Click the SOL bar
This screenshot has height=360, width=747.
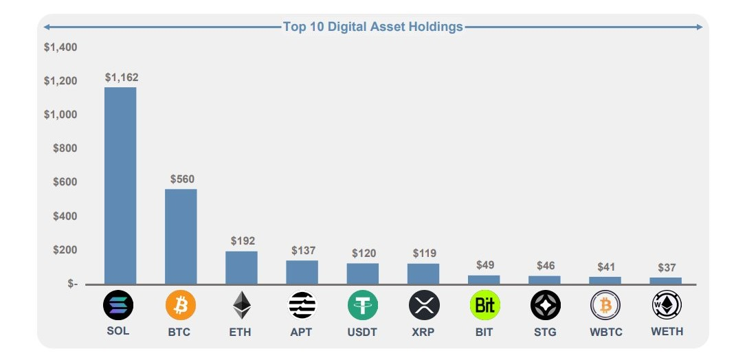click(120, 185)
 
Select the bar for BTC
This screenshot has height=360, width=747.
click(181, 236)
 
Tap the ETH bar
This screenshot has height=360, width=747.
click(241, 267)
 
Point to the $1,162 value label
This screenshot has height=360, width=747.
click(122, 78)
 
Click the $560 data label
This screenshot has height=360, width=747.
click(182, 179)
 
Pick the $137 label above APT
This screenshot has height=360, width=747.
click(303, 251)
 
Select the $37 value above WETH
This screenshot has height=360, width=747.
click(667, 267)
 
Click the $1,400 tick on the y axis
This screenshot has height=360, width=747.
click(60, 47)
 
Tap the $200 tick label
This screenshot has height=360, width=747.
click(65, 250)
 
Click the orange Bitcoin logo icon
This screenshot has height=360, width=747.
click(181, 305)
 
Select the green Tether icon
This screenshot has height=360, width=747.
click(363, 305)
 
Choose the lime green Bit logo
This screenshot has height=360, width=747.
click(484, 305)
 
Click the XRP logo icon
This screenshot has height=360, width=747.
click(424, 305)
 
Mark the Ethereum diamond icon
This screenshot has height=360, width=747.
click(241, 305)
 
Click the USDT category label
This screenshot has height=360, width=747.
click(363, 332)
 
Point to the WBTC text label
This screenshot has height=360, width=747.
click(606, 332)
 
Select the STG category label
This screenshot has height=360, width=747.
click(544, 332)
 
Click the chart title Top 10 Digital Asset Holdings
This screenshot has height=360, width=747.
click(373, 27)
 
